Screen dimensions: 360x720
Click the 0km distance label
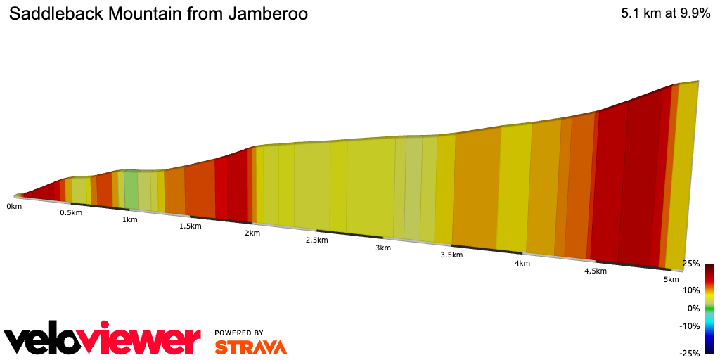14,206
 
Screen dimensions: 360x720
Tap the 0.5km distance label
70,212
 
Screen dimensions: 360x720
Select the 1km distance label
129,219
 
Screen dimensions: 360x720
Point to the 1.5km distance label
191,226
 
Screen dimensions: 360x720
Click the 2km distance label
252,233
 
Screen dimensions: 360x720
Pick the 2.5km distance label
316,240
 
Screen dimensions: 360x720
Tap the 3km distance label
382,247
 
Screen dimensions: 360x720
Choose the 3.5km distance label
451,255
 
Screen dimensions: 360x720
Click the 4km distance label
522,263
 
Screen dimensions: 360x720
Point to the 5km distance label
671,280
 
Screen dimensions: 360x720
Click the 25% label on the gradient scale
691,264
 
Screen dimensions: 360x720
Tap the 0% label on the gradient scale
693,308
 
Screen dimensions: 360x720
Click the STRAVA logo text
250,347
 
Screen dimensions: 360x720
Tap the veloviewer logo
103,340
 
